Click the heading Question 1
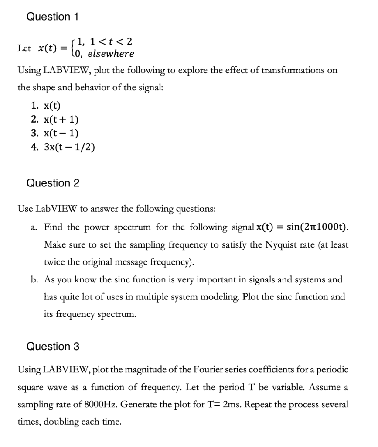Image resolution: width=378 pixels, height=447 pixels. [53, 17]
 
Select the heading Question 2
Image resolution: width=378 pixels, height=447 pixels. [53, 183]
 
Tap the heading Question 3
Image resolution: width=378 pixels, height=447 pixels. [53, 347]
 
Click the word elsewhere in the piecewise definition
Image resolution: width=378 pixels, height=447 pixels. [111, 54]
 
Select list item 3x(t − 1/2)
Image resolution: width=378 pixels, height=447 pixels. [68, 147]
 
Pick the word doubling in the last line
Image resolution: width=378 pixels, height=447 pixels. [64, 422]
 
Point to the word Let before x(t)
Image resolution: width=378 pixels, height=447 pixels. [24, 48]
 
